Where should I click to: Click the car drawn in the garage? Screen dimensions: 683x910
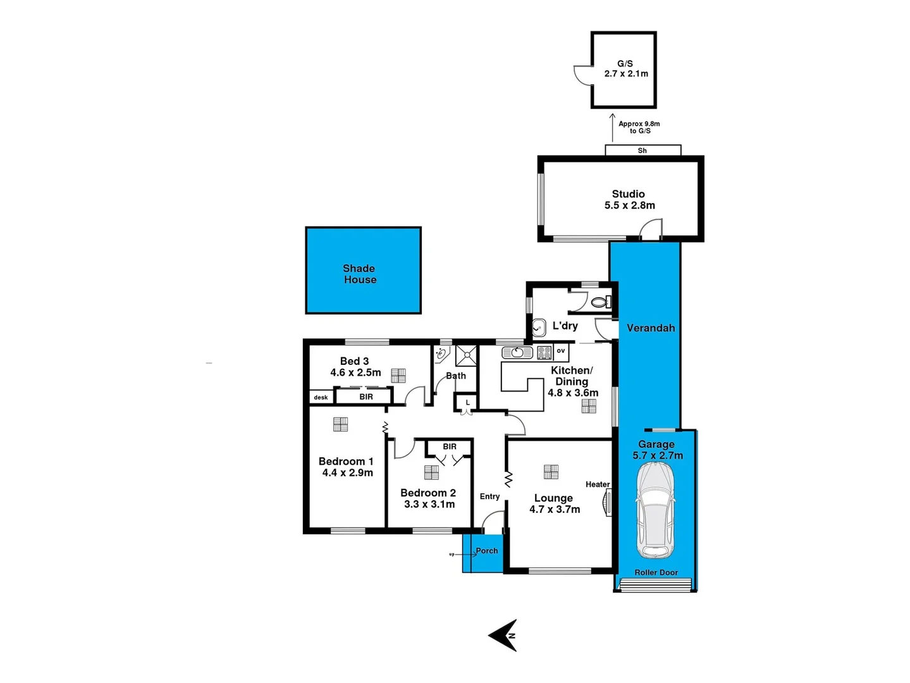tap(656, 510)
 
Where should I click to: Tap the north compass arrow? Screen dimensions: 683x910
tap(505, 635)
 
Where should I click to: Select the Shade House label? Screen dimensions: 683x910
tap(360, 274)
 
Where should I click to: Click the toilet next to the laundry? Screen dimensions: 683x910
tap(599, 302)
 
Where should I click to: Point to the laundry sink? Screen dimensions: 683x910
tap(539, 328)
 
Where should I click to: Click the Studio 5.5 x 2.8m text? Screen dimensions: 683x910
tap(629, 200)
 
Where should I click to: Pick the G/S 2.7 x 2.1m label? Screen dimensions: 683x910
tap(625, 69)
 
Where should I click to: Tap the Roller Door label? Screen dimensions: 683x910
tap(656, 572)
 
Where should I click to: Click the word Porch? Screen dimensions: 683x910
tap(486, 551)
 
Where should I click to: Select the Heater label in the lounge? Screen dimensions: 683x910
tap(597, 484)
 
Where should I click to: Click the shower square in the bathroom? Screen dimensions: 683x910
tap(467, 355)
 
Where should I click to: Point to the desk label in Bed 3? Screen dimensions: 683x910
tap(321, 397)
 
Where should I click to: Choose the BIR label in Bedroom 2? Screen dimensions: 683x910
tap(449, 446)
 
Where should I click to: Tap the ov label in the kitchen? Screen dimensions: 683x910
tap(560, 351)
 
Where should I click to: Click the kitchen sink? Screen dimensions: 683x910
tap(517, 352)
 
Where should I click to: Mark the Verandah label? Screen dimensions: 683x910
tap(650, 328)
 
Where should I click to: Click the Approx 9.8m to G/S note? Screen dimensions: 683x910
tap(639, 127)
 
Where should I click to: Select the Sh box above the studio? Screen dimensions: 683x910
tap(643, 151)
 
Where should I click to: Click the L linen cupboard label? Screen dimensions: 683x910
tap(467, 402)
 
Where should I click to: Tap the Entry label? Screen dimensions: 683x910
tap(489, 496)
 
